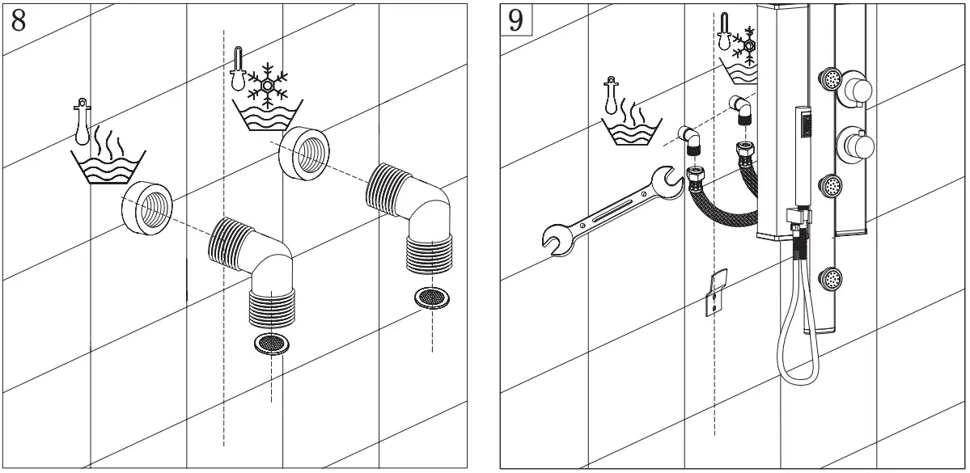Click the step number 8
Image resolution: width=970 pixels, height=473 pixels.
[18, 19]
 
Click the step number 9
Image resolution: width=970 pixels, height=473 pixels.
[515, 19]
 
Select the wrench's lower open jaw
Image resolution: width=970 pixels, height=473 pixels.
[557, 239]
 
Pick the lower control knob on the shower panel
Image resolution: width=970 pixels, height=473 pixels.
[857, 146]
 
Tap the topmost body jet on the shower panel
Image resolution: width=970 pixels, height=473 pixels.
[830, 78]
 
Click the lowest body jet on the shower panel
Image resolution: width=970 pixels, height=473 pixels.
[830, 281]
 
